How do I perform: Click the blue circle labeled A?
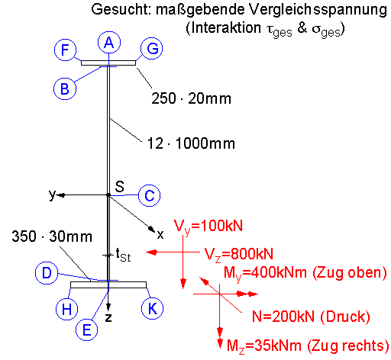109,43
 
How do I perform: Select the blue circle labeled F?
66,50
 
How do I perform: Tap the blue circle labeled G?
152,48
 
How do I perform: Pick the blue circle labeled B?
65,88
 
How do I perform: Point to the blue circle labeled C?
150,196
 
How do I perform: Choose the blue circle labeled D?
47,273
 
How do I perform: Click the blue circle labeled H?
66,309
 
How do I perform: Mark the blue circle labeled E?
87,329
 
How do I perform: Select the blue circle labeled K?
152,308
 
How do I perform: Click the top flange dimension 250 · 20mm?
191,98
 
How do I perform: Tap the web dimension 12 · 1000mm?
191,143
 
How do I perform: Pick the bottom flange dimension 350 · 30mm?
52,236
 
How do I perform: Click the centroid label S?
119,186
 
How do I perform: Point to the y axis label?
52,194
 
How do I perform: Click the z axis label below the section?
108,317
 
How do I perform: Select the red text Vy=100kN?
208,227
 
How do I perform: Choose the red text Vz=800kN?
239,254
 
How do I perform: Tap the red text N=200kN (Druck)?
311,317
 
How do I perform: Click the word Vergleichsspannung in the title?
318,11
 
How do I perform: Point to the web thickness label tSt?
123,255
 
